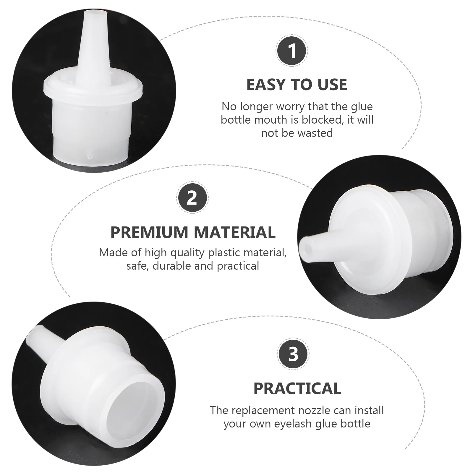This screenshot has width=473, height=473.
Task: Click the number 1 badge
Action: click(292, 51)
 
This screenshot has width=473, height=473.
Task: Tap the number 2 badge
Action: click(192, 197)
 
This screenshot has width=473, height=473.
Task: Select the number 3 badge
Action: click(293, 354)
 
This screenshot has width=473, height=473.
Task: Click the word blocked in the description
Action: click(321, 120)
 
